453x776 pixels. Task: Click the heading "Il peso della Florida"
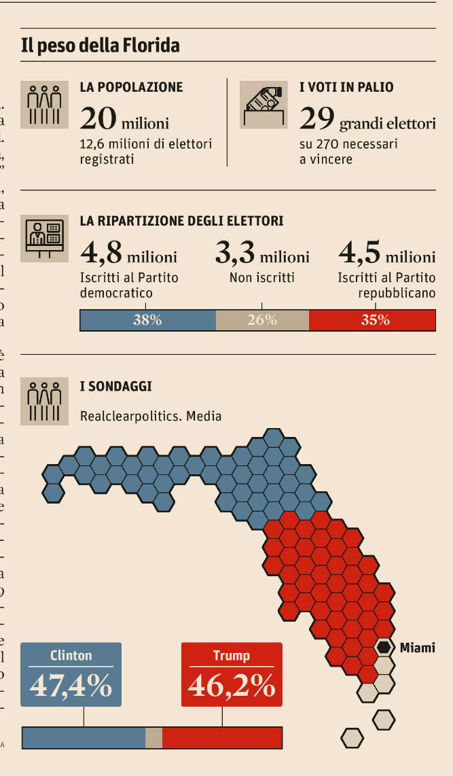point(101,46)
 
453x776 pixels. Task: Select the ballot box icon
point(264,104)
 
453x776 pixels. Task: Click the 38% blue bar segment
point(147,320)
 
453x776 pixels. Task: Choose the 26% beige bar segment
point(262,320)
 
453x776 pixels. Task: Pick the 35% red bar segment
point(372,320)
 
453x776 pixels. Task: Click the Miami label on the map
point(417,648)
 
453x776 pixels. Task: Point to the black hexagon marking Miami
point(384,647)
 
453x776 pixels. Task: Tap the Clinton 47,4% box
point(71,674)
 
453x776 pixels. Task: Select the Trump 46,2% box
point(232,674)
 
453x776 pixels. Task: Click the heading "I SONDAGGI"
point(115,387)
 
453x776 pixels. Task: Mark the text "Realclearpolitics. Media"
point(150,415)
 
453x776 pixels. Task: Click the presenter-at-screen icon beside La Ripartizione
point(44,236)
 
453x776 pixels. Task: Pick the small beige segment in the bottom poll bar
point(154,737)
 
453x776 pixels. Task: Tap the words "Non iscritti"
point(262,277)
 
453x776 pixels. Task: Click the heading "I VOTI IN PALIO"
point(346,87)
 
